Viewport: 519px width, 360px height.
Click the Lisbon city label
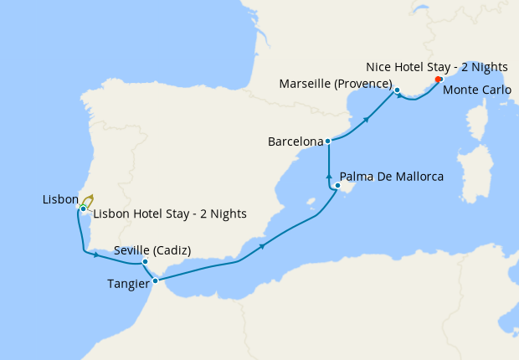(59, 199)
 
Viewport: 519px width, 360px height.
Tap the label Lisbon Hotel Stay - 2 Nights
(170, 213)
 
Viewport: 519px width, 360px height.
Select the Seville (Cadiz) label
(152, 250)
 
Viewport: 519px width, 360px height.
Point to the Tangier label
(128, 284)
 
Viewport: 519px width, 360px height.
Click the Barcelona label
(295, 142)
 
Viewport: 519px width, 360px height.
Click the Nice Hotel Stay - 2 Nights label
(436, 66)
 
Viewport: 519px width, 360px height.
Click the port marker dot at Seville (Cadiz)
(145, 262)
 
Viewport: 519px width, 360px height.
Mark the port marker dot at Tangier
(156, 280)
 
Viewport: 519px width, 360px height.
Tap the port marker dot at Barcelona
(328, 141)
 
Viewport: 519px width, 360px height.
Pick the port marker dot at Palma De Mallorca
(337, 185)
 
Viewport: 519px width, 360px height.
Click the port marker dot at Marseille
(398, 90)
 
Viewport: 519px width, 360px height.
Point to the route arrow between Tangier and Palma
(262, 246)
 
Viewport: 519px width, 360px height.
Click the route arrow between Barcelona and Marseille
(366, 121)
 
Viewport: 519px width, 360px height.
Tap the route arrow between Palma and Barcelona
(328, 177)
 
